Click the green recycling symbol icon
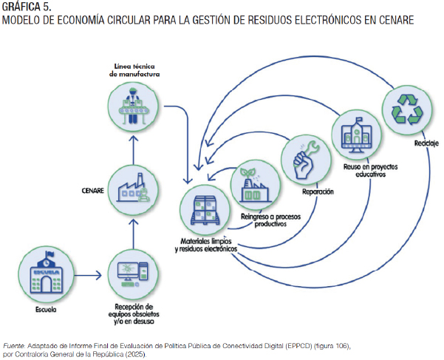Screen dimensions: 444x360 point(407,110)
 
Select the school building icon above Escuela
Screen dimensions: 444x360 point(46,273)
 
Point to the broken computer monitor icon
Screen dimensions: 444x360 point(133,274)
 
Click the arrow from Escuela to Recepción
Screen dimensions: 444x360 point(88,275)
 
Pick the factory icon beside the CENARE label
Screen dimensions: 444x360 point(133,188)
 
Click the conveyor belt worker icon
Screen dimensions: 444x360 point(133,106)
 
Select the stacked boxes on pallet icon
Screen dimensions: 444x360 point(205,210)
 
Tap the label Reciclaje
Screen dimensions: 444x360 point(426,143)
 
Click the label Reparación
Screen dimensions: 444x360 point(318,191)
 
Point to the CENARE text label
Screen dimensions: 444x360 point(92,191)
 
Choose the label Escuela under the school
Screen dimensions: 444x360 point(46,310)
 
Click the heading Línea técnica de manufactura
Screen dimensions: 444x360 point(134,70)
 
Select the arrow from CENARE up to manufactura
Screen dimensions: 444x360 point(134,150)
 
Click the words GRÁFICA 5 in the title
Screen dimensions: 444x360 point(27,7)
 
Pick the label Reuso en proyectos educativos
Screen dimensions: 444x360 point(370,171)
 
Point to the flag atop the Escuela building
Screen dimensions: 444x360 point(49,254)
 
